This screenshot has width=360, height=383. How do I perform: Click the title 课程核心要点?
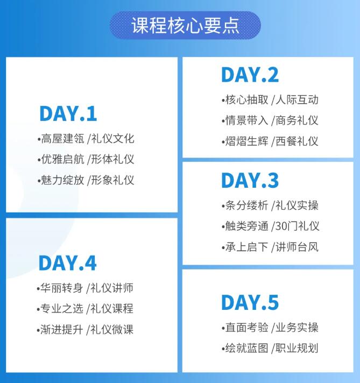coord(185,25)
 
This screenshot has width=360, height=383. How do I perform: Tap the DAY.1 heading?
coord(68,114)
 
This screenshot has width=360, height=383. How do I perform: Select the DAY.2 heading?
coord(250,75)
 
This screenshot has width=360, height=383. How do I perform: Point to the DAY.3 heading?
coord(250,180)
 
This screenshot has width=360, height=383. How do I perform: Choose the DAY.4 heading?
coord(67,263)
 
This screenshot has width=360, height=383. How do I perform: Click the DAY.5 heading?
coord(250,302)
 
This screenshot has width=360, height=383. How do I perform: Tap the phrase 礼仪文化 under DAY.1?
coord(112,138)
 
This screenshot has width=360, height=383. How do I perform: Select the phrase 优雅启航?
coord(62,159)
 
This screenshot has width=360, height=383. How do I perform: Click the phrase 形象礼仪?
coord(112,180)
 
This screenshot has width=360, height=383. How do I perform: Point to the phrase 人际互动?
coord(297,100)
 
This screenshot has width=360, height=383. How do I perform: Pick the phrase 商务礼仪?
coord(297,120)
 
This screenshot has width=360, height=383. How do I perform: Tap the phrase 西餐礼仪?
coord(297,141)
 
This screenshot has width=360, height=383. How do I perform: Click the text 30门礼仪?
coord(298,226)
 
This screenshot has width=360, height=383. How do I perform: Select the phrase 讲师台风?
coord(297,247)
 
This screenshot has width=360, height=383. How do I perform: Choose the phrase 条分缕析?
coord(246,205)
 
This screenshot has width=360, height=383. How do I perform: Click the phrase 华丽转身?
coord(62,288)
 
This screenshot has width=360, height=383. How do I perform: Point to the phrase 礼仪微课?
coord(112,330)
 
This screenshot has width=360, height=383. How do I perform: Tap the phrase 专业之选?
coord(62,309)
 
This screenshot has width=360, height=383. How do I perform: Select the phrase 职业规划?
coord(297,348)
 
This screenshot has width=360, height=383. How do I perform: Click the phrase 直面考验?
coord(246,327)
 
